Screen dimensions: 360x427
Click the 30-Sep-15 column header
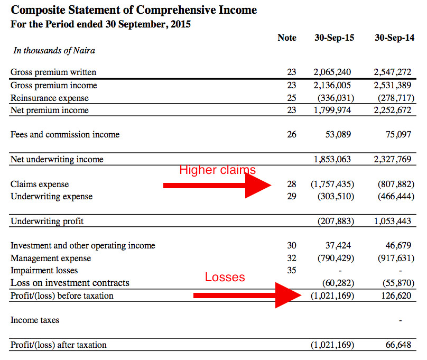pos(334,38)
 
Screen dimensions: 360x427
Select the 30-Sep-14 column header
pos(394,38)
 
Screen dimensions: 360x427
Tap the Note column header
pos(287,38)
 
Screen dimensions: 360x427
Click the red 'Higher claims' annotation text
pos(217,170)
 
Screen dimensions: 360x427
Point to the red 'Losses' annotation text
pos(225,278)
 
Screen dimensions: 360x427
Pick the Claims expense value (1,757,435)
pos(332,184)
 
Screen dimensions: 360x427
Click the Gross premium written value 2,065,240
pos(332,72)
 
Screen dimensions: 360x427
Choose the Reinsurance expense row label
pos(50,98)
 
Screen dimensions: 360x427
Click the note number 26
pos(292,135)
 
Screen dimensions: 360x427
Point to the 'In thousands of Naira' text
pos(54,51)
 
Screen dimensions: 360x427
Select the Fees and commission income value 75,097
pos(398,135)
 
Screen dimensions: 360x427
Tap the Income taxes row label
pos(35,320)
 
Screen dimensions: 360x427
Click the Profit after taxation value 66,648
pos(398,345)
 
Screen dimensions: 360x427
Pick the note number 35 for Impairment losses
pos(292,270)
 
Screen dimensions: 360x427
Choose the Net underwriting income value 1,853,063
pos(332,160)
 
